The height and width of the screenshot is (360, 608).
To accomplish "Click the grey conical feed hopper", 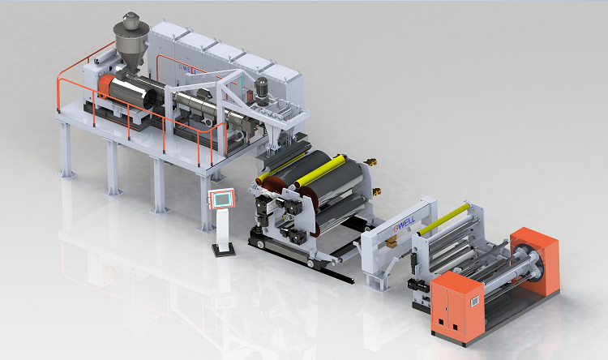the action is (x=131, y=49).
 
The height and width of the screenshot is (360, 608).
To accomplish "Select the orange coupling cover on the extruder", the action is (x=105, y=86).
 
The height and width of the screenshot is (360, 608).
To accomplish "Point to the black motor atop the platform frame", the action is (x=262, y=91).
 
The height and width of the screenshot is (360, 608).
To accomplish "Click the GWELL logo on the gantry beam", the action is (x=405, y=224).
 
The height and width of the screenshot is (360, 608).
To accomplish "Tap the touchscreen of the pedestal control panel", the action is (x=222, y=199).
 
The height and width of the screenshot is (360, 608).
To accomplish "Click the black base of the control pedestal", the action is (x=224, y=249).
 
